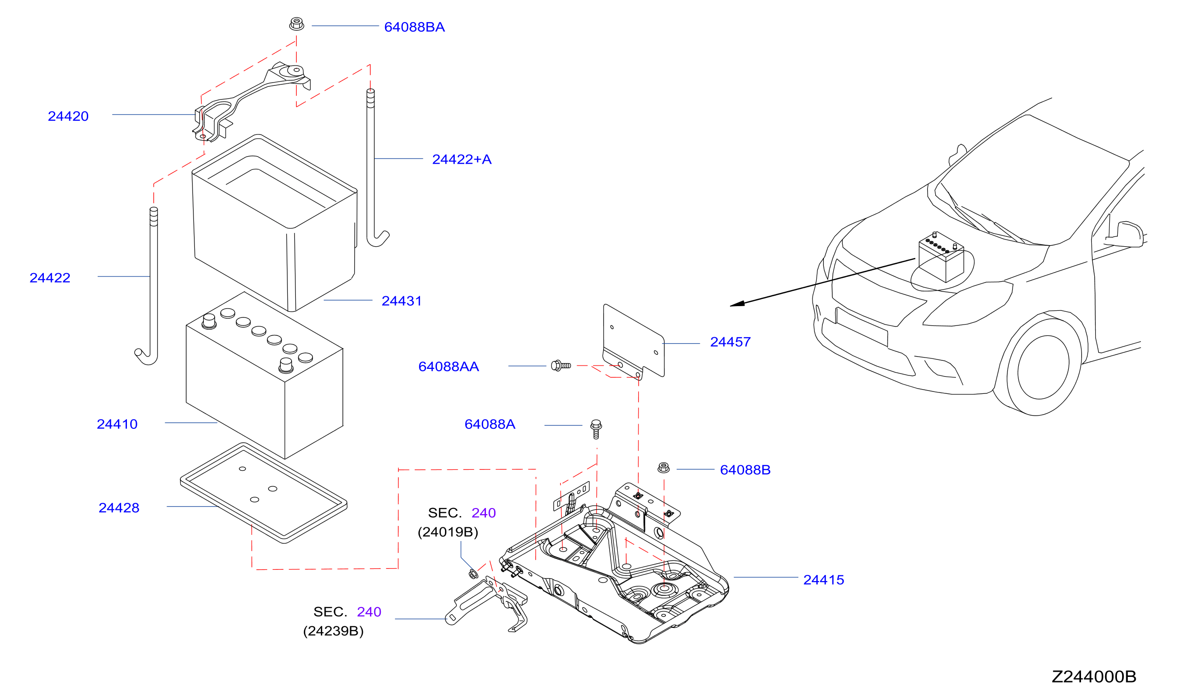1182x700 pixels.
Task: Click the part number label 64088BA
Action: (x=414, y=27)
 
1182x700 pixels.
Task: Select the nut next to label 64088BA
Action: (x=296, y=24)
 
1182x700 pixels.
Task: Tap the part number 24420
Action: (x=68, y=116)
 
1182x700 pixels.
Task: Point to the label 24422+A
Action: (x=461, y=159)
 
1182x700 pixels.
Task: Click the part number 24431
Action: (x=402, y=301)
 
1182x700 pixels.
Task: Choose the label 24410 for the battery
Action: (x=117, y=424)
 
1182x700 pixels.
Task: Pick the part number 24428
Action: (x=119, y=508)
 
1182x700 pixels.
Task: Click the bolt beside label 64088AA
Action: (x=561, y=366)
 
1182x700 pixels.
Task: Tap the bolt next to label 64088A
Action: (x=596, y=429)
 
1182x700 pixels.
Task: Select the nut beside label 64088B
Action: (x=663, y=467)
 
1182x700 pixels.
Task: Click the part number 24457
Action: (x=730, y=342)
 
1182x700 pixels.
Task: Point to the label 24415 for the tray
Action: (x=823, y=580)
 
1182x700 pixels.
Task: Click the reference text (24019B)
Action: (x=448, y=532)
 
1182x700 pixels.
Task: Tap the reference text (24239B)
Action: (x=333, y=631)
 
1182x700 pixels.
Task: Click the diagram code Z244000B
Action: (x=1094, y=676)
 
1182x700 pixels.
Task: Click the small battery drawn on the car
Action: (x=941, y=257)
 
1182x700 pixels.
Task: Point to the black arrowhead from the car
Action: (x=737, y=304)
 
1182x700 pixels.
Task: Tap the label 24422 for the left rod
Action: (x=50, y=278)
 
